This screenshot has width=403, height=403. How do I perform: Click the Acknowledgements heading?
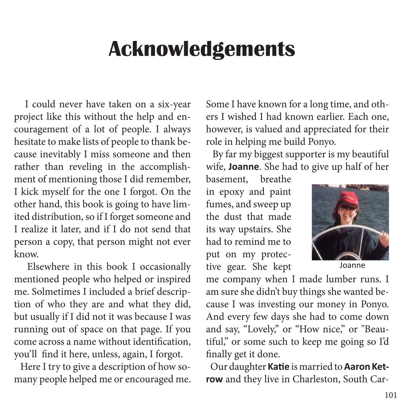[201, 49]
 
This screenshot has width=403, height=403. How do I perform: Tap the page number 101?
[391, 395]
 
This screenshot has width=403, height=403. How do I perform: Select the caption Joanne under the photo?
[352, 265]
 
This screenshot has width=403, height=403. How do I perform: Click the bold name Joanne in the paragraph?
[244, 167]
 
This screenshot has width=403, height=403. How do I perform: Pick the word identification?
[162, 342]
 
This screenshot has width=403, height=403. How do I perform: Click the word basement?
[227, 179]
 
